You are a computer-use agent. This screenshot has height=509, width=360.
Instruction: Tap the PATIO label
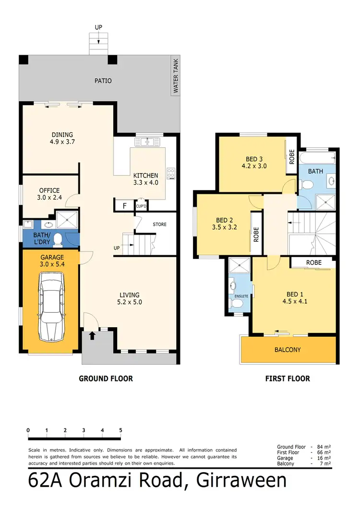pos(102,81)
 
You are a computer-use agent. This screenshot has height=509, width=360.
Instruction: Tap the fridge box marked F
pos(125,206)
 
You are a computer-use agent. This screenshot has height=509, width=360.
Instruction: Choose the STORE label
pos(159,224)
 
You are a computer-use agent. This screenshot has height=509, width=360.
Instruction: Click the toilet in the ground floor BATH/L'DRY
pos(58,238)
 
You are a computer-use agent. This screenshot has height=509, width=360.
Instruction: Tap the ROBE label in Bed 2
pos(256,234)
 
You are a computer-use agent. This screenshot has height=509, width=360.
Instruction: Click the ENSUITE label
pos(241,296)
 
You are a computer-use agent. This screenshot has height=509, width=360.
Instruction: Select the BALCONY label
pos(288,350)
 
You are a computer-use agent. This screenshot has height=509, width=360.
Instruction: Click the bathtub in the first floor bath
pos(318,157)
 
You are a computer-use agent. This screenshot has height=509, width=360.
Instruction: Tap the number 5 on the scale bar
pos(120,430)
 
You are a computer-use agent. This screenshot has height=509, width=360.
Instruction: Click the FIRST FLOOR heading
pos(288,379)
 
